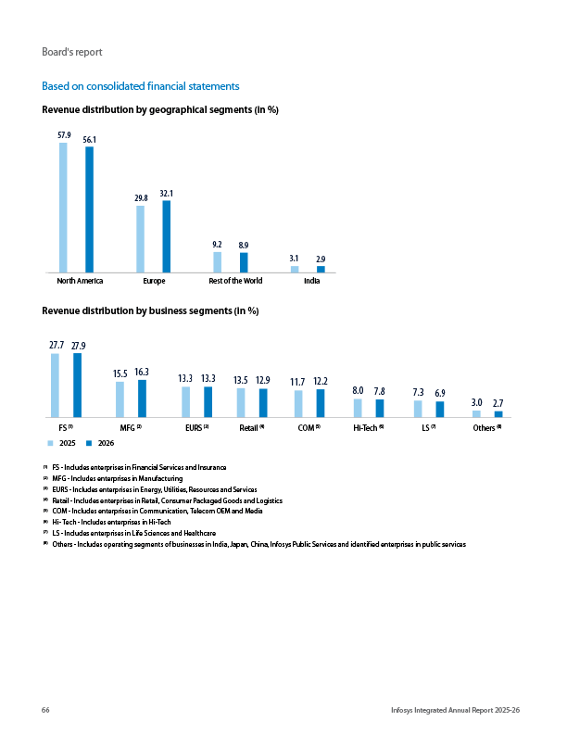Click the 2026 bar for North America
tap(89, 209)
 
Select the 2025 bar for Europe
tap(140, 239)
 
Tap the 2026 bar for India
tap(321, 269)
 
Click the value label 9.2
tap(217, 245)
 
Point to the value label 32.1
tap(167, 194)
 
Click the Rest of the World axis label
tap(235, 281)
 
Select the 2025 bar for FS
tap(55, 386)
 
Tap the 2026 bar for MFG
tap(143, 399)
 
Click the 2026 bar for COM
tap(321, 403)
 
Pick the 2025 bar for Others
tap(477, 414)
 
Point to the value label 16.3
tap(142, 373)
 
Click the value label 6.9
tap(440, 393)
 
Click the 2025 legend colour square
tap(51, 443)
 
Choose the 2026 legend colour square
tap(89, 443)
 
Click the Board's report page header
tap(72, 52)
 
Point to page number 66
tap(45, 710)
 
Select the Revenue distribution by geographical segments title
tap(160, 110)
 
